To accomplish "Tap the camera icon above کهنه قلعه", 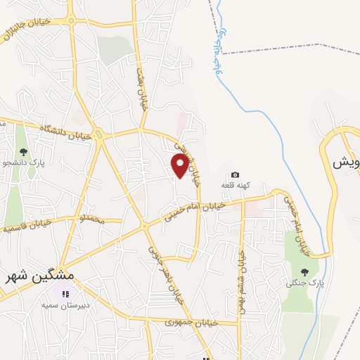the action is [x=235, y=174].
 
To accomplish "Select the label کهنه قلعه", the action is [x=235, y=184].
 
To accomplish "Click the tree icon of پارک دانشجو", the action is [x=24, y=151].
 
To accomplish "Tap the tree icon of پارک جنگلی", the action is [x=304, y=272].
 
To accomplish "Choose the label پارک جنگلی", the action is [x=300, y=283].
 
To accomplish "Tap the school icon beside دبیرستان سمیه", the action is [x=65, y=295].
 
